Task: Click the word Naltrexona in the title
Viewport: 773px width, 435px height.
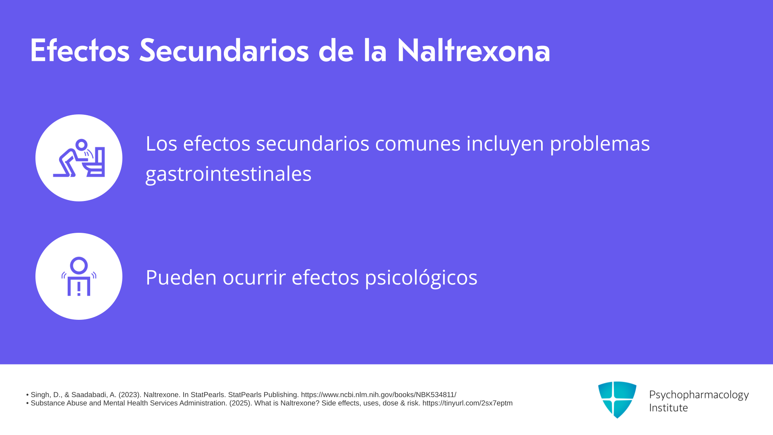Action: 473,51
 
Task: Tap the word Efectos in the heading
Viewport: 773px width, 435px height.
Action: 80,51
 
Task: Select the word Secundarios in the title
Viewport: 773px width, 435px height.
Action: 224,51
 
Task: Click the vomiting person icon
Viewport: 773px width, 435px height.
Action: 79,158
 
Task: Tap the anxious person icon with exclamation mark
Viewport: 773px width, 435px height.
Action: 79,276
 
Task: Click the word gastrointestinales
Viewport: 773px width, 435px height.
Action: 228,174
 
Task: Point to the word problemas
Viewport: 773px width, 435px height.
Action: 600,144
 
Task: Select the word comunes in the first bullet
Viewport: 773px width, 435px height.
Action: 418,144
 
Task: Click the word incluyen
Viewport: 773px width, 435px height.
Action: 505,144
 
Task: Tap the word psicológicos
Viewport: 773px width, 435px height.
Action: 421,278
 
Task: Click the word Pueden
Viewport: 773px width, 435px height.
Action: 181,278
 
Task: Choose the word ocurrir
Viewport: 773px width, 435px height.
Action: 254,278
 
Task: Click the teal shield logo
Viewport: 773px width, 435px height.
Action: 617,400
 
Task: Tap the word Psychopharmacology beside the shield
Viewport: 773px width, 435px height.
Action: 699,395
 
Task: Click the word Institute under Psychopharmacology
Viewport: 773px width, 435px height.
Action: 668,408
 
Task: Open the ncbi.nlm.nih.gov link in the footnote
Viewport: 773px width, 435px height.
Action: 378,395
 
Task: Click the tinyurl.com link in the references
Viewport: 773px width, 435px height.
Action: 467,403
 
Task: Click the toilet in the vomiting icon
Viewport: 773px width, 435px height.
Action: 95,162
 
